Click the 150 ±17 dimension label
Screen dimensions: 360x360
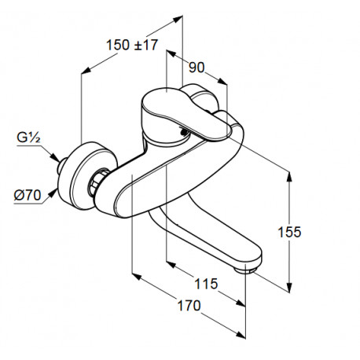132,45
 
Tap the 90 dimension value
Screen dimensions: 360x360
197,68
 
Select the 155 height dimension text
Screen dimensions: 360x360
289,232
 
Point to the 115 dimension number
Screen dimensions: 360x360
206,284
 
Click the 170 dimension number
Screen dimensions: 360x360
189,306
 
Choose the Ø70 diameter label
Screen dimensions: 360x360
28,195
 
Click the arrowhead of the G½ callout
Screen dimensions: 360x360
55,158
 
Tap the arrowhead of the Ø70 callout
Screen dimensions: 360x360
53,193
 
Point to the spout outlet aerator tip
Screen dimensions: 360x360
246,270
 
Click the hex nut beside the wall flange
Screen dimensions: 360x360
97,182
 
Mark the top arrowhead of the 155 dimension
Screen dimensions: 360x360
289,176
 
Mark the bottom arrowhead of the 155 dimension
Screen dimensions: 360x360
289,288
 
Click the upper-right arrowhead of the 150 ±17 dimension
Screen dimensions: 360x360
178,18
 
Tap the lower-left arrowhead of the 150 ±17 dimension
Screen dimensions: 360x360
86,70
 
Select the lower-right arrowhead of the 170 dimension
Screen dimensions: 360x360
241,334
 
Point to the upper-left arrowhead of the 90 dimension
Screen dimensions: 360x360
171,53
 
